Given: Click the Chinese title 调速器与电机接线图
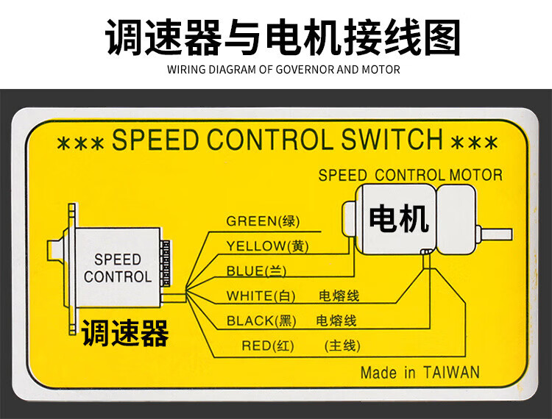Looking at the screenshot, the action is coord(283,37).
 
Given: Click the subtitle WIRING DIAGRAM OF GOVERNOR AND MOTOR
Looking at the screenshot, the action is coord(283,70).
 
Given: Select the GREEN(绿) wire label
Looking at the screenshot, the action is coord(263,221).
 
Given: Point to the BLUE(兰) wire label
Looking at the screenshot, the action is coord(256,271).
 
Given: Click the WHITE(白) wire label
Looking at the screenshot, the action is coord(261,296).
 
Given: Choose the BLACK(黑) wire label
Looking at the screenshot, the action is coord(261,320).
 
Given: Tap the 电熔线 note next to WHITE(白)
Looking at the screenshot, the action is coord(339,296).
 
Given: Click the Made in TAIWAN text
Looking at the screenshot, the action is coord(420,372).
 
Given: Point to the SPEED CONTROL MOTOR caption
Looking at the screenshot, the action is coord(410,176).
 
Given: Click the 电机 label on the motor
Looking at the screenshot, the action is coord(398,218).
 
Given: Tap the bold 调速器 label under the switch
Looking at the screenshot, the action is coord(124,333).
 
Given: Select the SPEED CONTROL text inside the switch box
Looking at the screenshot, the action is coord(118,268).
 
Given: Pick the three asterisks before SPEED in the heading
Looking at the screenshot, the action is coord(79,142).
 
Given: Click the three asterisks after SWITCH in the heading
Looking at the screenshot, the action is coord(475,141).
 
